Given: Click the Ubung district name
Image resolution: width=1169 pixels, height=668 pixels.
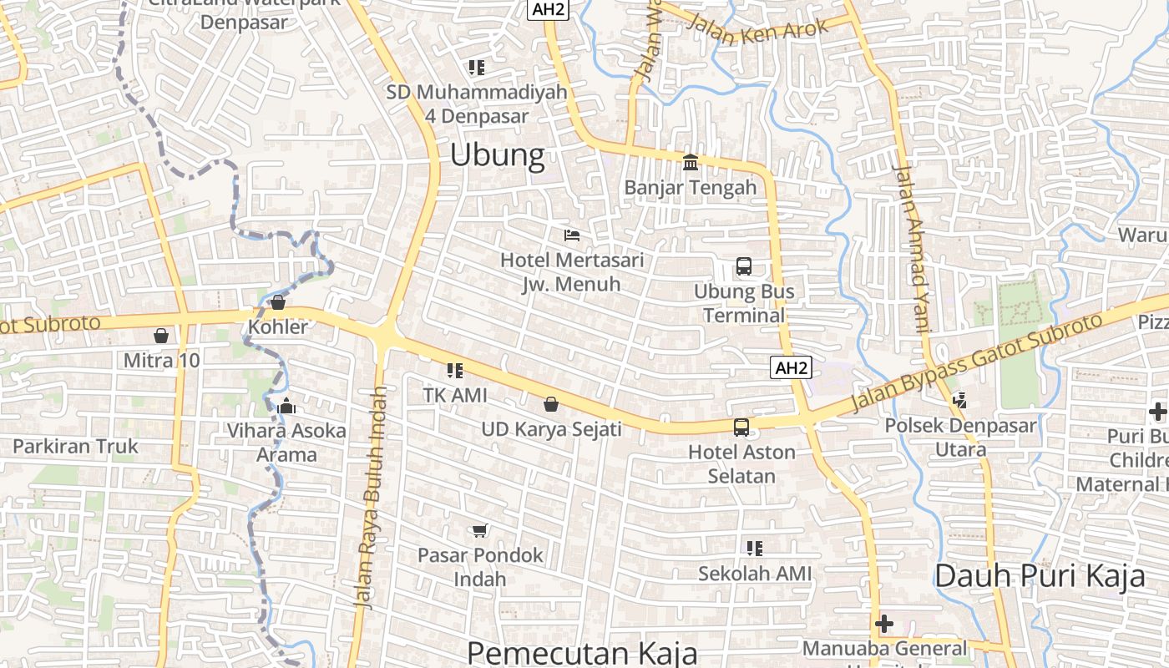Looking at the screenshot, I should [x=497, y=155].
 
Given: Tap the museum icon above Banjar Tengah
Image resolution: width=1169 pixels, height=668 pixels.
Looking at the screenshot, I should [x=691, y=162].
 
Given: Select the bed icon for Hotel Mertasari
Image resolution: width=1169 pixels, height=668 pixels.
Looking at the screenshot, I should [x=572, y=235].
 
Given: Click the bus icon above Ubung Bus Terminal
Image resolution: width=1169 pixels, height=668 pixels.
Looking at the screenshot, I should [x=743, y=267].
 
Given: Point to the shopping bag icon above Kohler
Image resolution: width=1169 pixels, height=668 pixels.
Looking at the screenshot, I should [x=278, y=302].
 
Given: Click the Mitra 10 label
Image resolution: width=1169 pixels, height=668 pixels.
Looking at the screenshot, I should [x=161, y=361].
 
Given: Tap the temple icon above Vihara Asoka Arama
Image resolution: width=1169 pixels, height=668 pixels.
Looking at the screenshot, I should [x=286, y=407].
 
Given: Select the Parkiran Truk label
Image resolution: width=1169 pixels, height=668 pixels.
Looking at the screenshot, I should [x=75, y=446].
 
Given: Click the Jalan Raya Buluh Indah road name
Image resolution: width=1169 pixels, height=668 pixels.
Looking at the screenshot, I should [x=370, y=497].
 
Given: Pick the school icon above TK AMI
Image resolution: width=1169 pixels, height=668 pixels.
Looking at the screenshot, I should [x=454, y=370].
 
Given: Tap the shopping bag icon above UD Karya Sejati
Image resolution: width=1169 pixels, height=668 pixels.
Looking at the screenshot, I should [x=551, y=405].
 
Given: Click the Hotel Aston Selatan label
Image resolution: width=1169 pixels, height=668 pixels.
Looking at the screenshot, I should [x=741, y=464].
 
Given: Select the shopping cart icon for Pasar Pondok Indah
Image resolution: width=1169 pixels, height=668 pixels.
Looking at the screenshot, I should [x=479, y=530].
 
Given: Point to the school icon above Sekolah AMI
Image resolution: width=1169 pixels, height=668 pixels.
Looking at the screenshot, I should [x=754, y=549].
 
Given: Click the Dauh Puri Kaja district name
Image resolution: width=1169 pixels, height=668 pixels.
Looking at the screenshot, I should [x=1040, y=576].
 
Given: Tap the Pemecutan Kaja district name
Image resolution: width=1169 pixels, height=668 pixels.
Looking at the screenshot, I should [x=581, y=653].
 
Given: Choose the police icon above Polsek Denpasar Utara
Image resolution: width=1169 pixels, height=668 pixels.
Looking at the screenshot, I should [x=959, y=401].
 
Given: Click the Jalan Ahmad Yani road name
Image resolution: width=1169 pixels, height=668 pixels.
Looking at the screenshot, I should [x=911, y=248].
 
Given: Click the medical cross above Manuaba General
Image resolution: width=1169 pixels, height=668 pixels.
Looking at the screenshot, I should [x=883, y=623].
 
